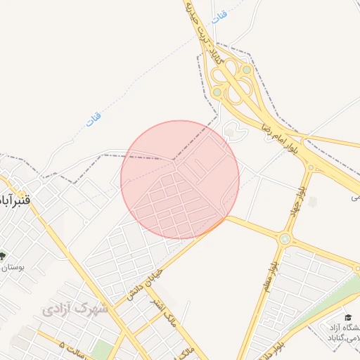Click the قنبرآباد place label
click(x=14, y=201)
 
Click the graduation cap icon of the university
click(x=348, y=317)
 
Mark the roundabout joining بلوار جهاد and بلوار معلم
click(x=285, y=239)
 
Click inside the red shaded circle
click(x=180, y=179)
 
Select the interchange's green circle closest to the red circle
click(x=217, y=92)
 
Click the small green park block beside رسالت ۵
click(x=103, y=349)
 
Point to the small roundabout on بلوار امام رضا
click(x=309, y=167)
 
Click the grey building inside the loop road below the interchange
click(x=229, y=132)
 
